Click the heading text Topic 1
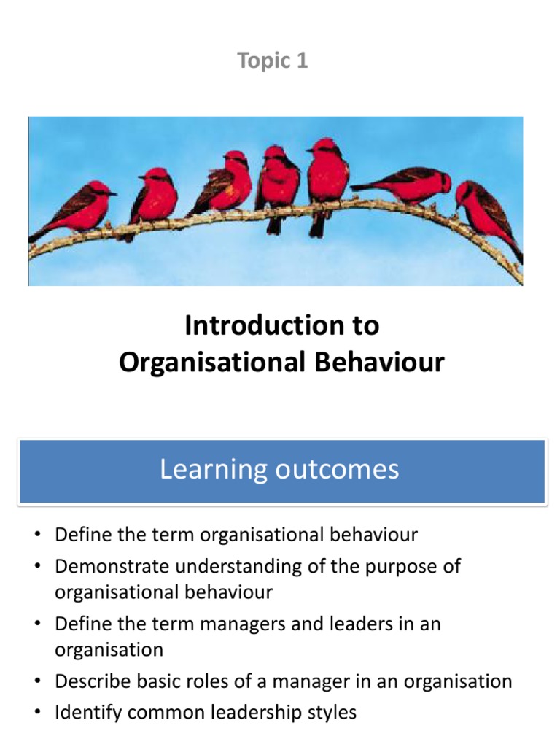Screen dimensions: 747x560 tap(273, 61)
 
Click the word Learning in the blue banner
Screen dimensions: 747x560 tap(211, 469)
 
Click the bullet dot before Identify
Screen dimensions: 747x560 tap(37, 713)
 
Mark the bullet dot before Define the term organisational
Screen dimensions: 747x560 tap(37, 535)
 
